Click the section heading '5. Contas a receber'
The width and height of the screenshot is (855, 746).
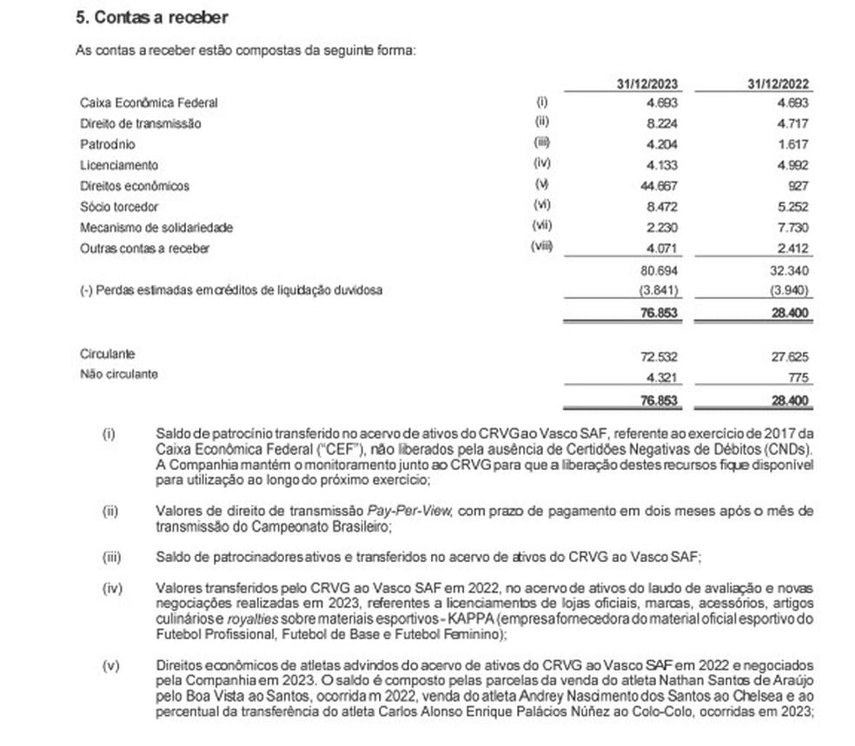(x=153, y=17)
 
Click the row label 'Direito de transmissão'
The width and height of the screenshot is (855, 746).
(x=140, y=123)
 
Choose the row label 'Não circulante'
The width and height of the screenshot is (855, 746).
(x=119, y=375)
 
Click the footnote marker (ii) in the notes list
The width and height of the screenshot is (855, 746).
(x=109, y=512)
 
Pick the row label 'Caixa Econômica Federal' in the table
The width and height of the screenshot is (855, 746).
(x=148, y=102)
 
